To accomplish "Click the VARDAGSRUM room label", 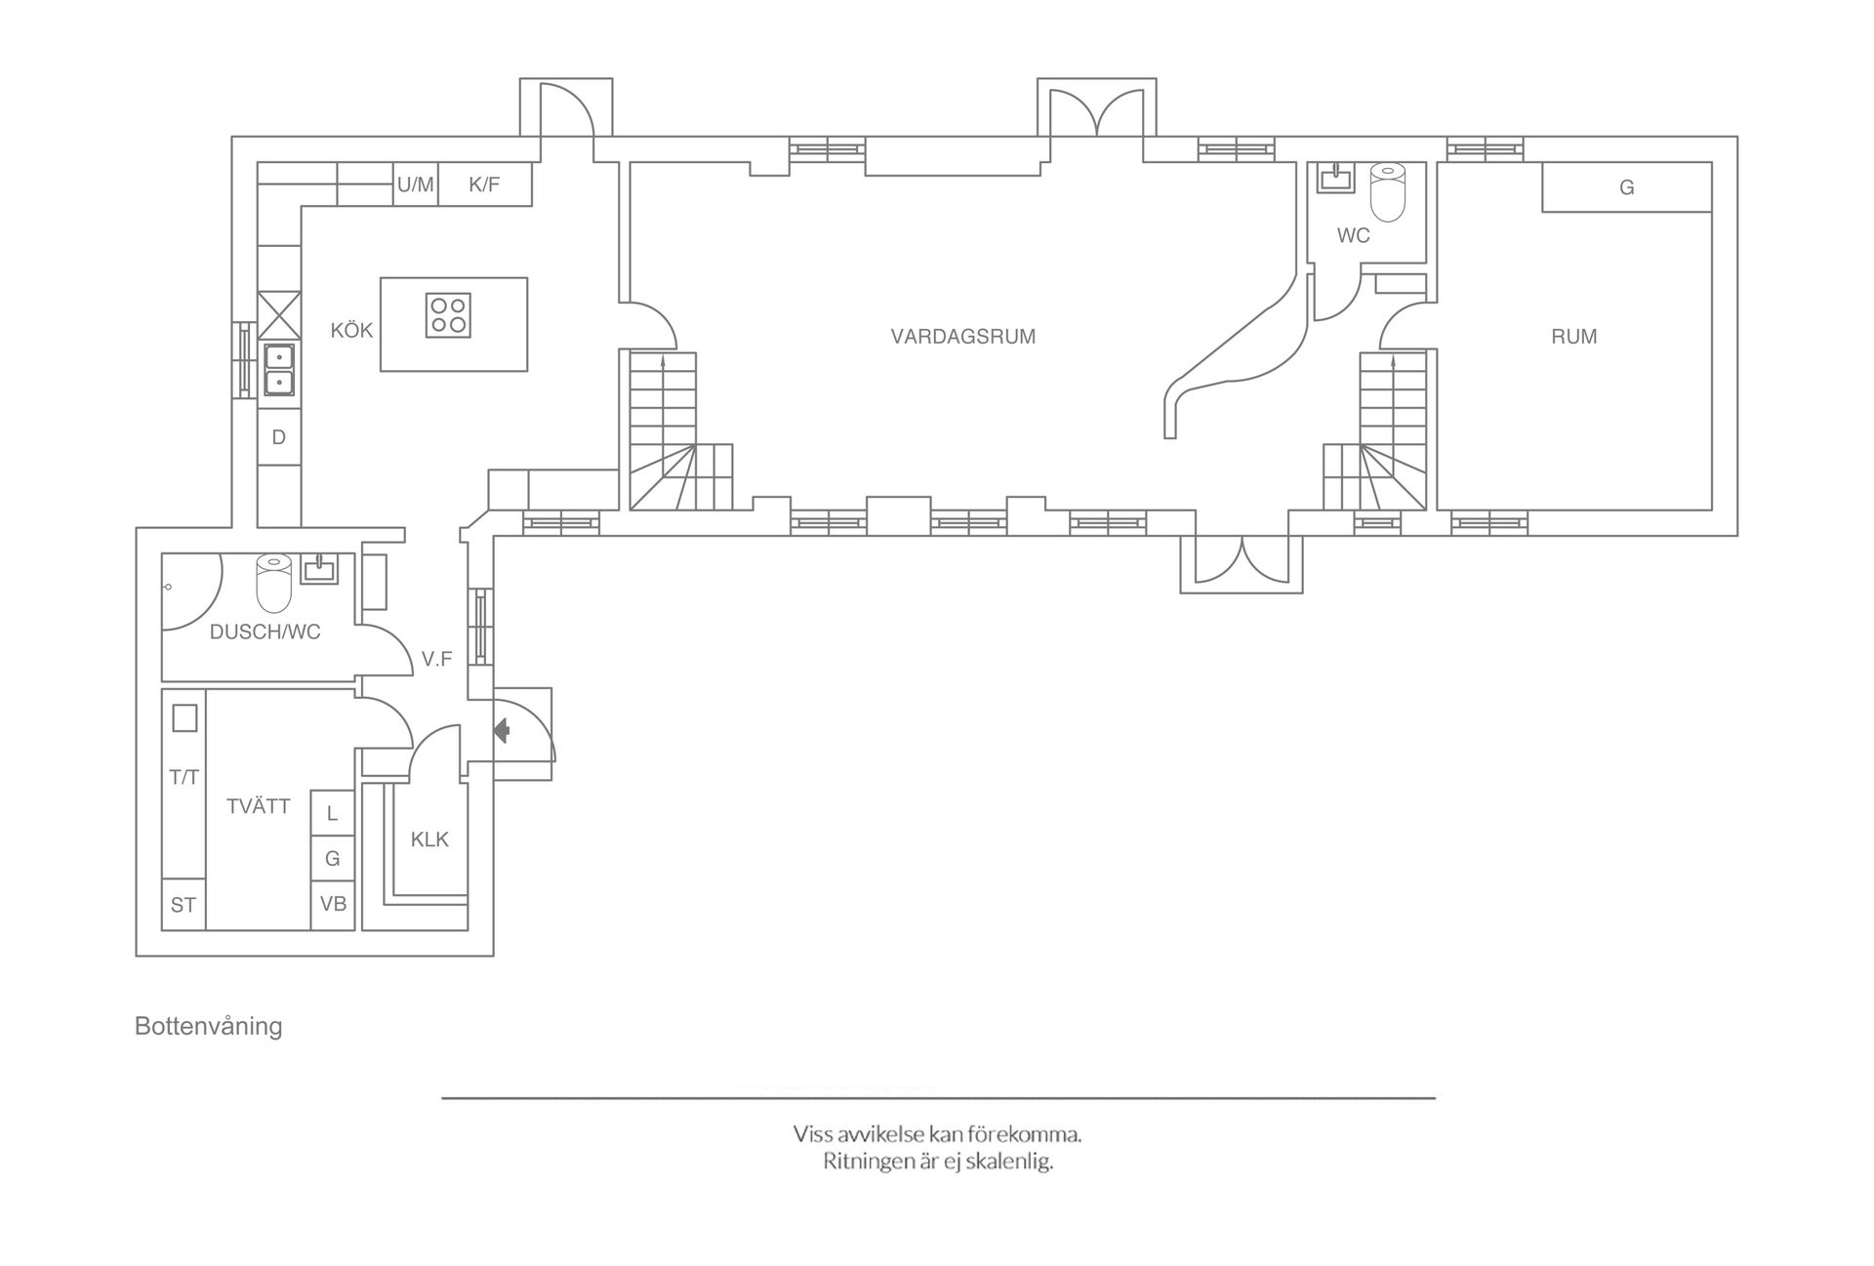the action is (962, 337).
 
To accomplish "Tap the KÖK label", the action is (351, 330).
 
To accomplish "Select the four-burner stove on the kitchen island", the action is (448, 315).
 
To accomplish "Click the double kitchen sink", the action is (279, 370).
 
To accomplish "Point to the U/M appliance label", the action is (416, 184).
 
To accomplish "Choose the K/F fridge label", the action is (484, 184).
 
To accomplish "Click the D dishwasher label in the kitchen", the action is (278, 437).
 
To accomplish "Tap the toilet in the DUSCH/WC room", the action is (273, 583).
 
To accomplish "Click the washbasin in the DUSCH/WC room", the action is (318, 569).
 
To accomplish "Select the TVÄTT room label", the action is (259, 806).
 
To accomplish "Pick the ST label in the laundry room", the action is (183, 905).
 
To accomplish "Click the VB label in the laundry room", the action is (333, 904).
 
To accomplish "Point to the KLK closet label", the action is (429, 839).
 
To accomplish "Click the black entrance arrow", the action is (503, 730).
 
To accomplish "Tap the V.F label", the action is (436, 660).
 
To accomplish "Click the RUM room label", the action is (1573, 337).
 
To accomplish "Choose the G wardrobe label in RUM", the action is (1626, 187).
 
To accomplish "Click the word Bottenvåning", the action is (209, 1027).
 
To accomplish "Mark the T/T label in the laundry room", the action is (183, 777).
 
